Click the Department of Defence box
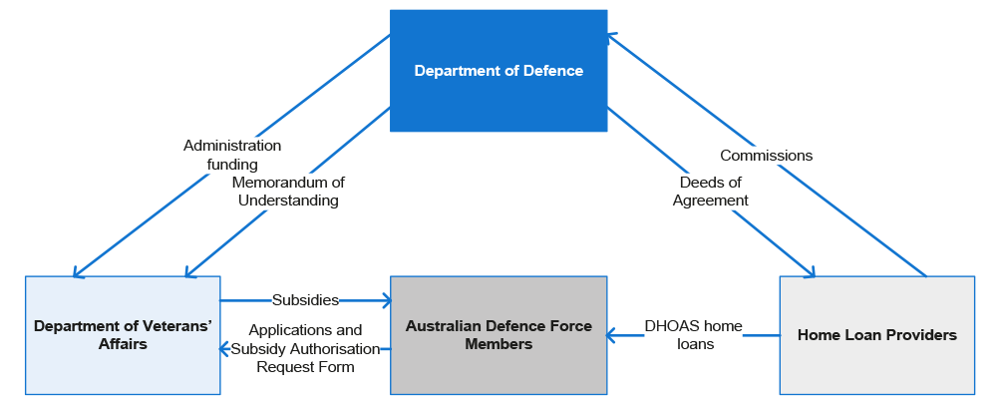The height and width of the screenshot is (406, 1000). click(x=499, y=70)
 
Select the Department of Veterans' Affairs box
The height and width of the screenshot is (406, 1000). click(x=123, y=335)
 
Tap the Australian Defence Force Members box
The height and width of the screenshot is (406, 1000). click(x=499, y=335)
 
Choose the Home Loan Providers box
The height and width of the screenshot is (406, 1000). click(x=877, y=335)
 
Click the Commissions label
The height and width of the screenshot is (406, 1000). click(x=767, y=156)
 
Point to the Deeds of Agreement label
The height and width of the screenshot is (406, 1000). click(x=711, y=191)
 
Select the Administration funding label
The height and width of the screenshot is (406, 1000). click(x=232, y=155)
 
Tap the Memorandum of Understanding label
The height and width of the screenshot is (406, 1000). click(x=288, y=191)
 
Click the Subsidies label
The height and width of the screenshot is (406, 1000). click(x=305, y=300)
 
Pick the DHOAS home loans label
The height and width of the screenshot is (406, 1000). click(x=693, y=334)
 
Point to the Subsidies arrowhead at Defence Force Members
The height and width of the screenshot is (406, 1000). click(x=386, y=299)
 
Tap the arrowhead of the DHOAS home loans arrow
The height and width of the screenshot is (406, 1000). click(x=611, y=335)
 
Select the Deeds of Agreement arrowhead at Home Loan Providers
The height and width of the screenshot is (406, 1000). click(x=809, y=272)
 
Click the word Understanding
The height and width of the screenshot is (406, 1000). click(x=288, y=201)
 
